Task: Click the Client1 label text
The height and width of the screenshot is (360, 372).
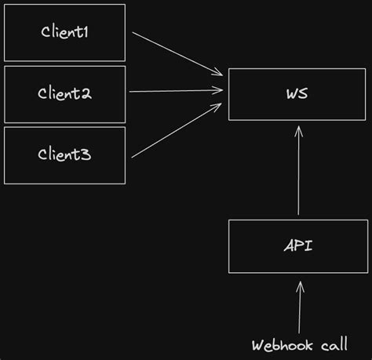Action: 64,32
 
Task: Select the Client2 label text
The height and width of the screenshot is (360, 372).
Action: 64,93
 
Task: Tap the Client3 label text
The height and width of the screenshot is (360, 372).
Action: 64,155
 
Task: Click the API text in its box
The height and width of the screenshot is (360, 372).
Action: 298,245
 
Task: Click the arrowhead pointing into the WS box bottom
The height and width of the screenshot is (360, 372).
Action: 298,133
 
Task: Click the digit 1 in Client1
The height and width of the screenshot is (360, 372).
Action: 86,32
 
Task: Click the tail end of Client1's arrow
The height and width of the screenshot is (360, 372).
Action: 133,34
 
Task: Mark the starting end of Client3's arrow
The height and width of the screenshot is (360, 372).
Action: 133,157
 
